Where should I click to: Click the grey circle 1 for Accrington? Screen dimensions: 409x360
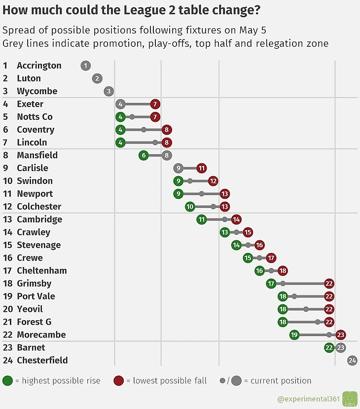tap(86, 66)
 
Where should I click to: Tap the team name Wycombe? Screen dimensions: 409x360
tap(37, 91)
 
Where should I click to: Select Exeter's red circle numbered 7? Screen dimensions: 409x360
tap(155, 104)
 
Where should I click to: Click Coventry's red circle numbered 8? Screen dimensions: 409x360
tap(167, 130)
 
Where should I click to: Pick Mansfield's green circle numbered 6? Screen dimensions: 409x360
tap(144, 155)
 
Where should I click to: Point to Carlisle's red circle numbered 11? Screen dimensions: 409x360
tap(201, 168)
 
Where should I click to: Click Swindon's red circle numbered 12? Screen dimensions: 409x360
tap(213, 181)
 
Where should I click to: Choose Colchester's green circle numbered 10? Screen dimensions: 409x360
tap(190, 207)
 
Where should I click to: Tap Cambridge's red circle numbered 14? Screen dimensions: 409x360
tap(236, 220)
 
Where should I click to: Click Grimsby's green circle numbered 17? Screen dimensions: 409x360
tap(271, 284)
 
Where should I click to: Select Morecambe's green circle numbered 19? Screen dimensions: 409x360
tap(294, 335)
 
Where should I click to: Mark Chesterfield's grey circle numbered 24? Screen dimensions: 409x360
tap(352, 361)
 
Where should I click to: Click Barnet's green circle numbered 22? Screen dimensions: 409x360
tap(329, 348)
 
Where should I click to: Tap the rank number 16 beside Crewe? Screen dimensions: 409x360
tap(7, 258)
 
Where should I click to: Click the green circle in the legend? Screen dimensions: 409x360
tap(8, 381)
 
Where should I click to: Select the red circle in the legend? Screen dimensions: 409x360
tap(118, 381)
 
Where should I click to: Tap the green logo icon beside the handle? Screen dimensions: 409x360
tap(350, 399)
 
